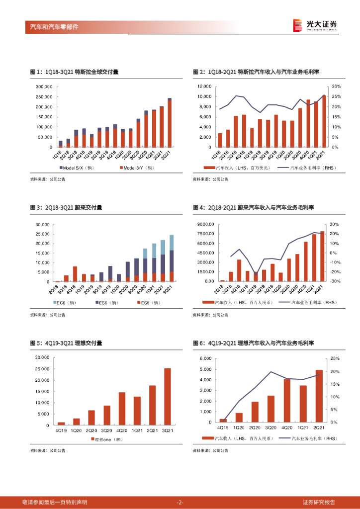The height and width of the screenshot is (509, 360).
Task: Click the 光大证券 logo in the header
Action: click(315, 25)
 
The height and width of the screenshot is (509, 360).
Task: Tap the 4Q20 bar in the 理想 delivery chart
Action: click(122, 409)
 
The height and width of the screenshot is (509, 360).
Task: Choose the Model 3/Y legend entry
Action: click(138, 169)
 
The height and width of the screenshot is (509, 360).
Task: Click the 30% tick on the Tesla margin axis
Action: click(336, 86)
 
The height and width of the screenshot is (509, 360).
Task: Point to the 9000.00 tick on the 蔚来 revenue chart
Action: click(205, 224)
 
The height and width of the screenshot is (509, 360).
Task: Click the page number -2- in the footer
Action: click(180, 502)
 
